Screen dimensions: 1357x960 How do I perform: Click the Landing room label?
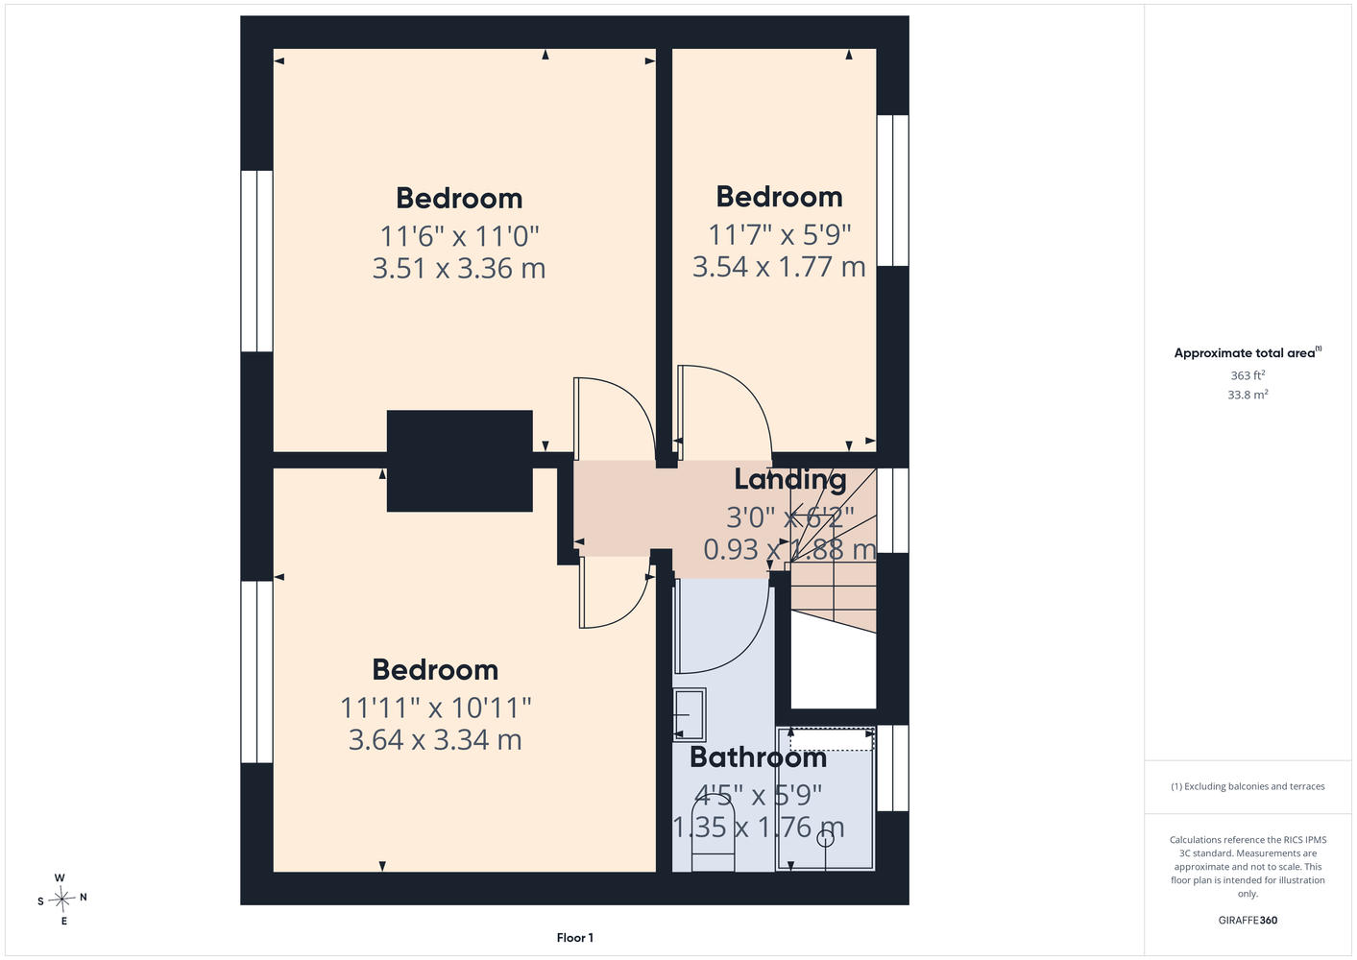pyautogui.click(x=790, y=479)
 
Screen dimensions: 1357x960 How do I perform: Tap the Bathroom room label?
pyautogui.click(x=758, y=757)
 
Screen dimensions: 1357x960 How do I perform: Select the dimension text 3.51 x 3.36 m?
pyautogui.click(x=459, y=268)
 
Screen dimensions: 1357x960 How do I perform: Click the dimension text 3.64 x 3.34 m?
pyautogui.click(x=435, y=739)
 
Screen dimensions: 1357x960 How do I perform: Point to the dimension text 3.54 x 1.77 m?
pyautogui.click(x=779, y=267)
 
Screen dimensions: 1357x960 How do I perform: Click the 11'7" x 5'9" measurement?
pyautogui.click(x=780, y=234)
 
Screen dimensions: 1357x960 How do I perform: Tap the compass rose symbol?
pyautogui.click(x=61, y=899)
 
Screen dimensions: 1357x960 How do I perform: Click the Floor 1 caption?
pyautogui.click(x=575, y=938)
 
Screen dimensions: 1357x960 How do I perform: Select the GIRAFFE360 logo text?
pyautogui.click(x=1248, y=920)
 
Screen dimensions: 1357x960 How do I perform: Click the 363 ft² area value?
pyautogui.click(x=1248, y=375)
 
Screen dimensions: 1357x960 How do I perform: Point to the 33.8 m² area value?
pyautogui.click(x=1248, y=395)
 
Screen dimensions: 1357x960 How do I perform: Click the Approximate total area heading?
pyautogui.click(x=1248, y=352)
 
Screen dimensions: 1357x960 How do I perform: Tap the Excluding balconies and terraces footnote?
pyautogui.click(x=1248, y=786)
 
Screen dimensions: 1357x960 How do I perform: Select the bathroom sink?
pyautogui.click(x=690, y=714)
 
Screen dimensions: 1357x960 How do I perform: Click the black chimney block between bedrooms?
pyautogui.click(x=460, y=461)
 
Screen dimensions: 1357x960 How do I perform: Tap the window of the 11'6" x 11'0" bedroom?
pyautogui.click(x=256, y=261)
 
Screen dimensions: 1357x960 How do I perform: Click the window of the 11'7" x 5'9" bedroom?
pyautogui.click(x=893, y=190)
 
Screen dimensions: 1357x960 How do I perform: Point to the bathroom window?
pyautogui.click(x=893, y=768)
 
